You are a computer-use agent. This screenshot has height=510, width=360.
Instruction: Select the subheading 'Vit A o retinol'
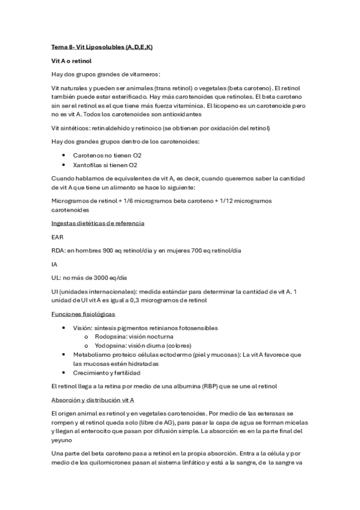(x=72, y=61)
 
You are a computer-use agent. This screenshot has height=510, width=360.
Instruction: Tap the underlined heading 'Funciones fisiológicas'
(x=84, y=314)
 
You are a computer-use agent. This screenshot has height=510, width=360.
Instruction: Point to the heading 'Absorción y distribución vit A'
(x=93, y=399)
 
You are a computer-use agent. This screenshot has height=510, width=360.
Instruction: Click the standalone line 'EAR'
(x=57, y=237)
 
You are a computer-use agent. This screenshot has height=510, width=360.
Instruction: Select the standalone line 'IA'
(x=54, y=264)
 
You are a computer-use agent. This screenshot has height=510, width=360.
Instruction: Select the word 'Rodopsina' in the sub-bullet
(x=109, y=337)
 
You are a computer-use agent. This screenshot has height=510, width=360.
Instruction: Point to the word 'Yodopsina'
(x=109, y=346)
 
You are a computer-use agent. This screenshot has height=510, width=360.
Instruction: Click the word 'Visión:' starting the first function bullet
(x=84, y=328)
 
